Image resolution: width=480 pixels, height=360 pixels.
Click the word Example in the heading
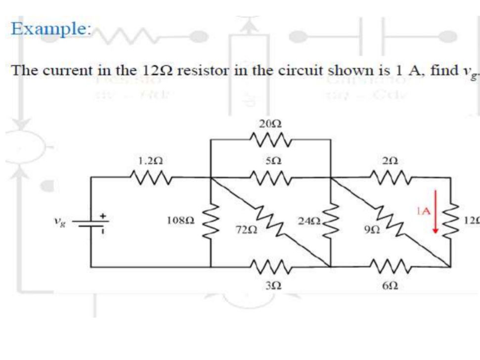click(x=49, y=29)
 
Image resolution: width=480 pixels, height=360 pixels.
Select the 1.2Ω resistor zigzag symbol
click(x=151, y=177)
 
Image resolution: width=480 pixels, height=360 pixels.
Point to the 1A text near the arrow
click(x=424, y=211)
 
